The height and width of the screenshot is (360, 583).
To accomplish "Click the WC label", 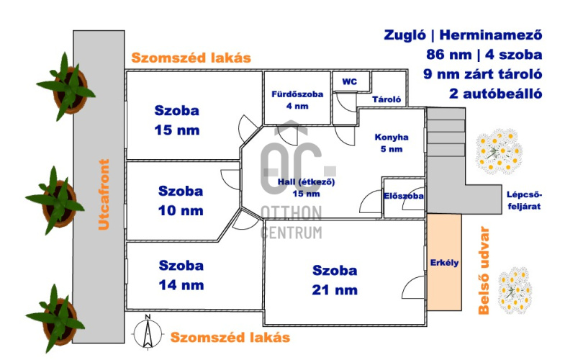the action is click(349, 81).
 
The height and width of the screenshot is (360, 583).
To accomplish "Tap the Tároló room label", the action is click(387, 99).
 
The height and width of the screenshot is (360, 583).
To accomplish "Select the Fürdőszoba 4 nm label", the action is click(297, 100).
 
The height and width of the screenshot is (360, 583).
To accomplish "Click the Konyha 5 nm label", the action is click(391, 143).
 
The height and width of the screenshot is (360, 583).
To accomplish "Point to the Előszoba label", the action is click(403, 196).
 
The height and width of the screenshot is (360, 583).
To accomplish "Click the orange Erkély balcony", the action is click(444, 262).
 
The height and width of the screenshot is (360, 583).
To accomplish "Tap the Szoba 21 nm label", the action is click(335, 279).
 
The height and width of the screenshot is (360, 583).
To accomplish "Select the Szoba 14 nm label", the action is click(181, 275).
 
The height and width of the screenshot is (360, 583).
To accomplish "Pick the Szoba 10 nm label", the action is click(181, 200).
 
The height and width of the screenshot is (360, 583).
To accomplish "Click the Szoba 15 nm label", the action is click(177, 120).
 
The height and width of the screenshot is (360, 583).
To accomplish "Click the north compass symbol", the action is click(148, 332).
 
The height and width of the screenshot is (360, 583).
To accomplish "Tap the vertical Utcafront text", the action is click(104, 194).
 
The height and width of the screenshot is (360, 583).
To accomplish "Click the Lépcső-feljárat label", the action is click(524, 200).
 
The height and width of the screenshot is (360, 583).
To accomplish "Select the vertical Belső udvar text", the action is click(484, 271).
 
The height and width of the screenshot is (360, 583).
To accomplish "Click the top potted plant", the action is click(67, 87).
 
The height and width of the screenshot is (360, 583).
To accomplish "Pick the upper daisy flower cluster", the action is click(499, 151).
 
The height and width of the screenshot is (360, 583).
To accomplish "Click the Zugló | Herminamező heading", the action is click(463, 35).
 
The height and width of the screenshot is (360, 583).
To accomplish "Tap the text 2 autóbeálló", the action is click(496, 94).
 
